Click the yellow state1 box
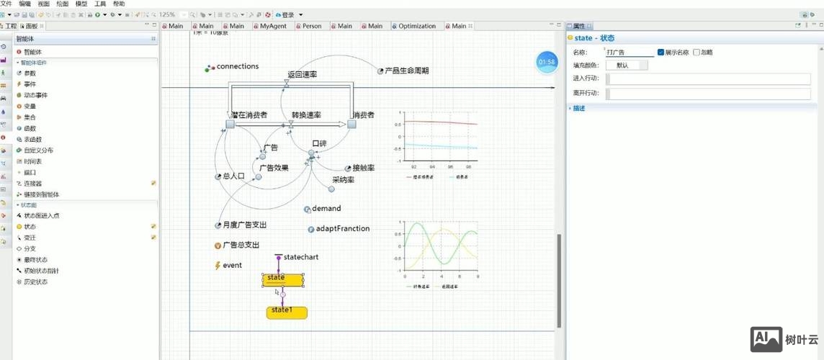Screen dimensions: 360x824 click(287, 312)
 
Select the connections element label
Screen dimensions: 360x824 click(237, 66)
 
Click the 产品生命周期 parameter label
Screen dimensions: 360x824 click(406, 71)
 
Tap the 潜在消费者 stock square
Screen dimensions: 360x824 click(230, 124)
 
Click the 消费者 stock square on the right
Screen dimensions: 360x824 click(351, 124)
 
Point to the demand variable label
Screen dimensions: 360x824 click(326, 209)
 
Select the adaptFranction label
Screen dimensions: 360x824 click(342, 229)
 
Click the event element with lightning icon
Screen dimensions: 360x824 click(232, 265)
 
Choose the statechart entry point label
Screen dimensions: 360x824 click(300, 257)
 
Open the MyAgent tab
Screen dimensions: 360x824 click(273, 26)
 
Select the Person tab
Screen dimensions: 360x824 click(312, 26)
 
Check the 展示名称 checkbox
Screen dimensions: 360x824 click(661, 52)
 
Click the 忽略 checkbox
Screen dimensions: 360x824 click(697, 52)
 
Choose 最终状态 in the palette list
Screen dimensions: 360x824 click(35, 259)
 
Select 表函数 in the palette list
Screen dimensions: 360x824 click(33, 139)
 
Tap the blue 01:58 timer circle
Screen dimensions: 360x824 click(547, 63)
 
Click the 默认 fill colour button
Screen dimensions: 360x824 click(623, 66)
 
